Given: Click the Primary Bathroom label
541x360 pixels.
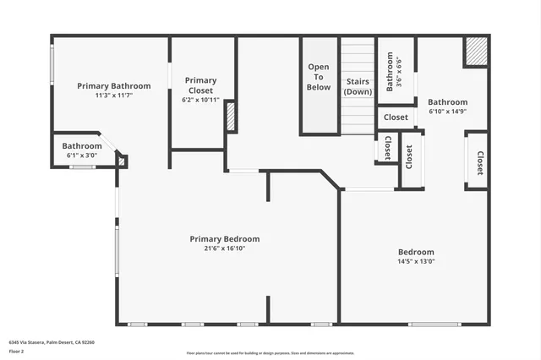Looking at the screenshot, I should coord(113,86).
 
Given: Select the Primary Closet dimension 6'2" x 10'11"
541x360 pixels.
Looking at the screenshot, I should coord(200,101).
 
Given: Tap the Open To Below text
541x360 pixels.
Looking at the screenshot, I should coord(319,77).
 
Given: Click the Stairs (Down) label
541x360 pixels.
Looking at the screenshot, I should coord(358,87).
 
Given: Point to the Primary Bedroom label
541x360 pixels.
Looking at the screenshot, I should coord(224,239).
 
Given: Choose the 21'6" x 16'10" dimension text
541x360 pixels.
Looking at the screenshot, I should coord(224,249).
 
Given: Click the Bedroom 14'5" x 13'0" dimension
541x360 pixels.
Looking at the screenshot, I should coord(416,262).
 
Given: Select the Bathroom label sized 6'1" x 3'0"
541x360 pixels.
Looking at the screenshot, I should coord(81,146).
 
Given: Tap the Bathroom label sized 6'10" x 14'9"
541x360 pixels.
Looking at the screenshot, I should coord(447,102).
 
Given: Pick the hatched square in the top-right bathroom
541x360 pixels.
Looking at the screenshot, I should coord(476,52).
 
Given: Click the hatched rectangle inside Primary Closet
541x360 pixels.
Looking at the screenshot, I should coord(230,117).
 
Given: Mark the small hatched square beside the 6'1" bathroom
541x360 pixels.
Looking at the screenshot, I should coord(122,160).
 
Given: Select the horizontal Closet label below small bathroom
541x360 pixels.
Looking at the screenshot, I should coord(396,117).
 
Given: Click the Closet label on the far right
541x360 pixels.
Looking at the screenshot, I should coord(479,163).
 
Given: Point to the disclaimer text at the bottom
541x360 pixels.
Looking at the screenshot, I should coord(270,353).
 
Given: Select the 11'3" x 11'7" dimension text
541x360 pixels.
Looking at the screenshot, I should coord(113,95).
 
